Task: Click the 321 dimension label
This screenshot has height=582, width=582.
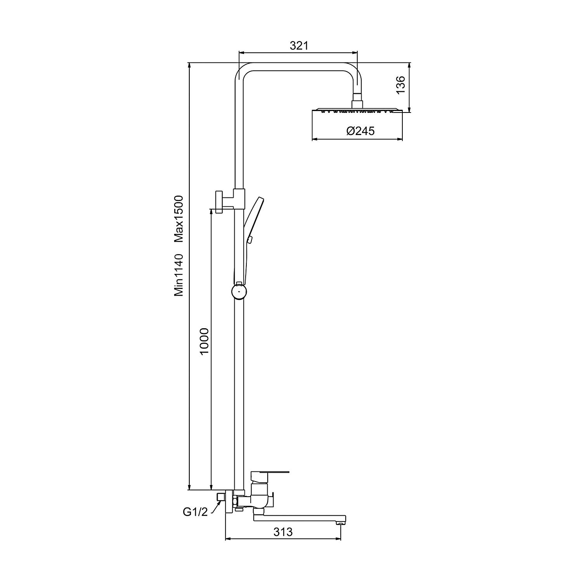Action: tap(299, 46)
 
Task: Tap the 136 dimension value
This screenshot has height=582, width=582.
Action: tap(400, 85)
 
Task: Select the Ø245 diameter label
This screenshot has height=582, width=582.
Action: tap(360, 131)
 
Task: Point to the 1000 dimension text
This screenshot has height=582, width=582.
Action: tap(204, 341)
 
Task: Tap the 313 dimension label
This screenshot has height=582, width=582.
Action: tap(283, 532)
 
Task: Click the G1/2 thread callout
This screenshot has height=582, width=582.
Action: tap(195, 512)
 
